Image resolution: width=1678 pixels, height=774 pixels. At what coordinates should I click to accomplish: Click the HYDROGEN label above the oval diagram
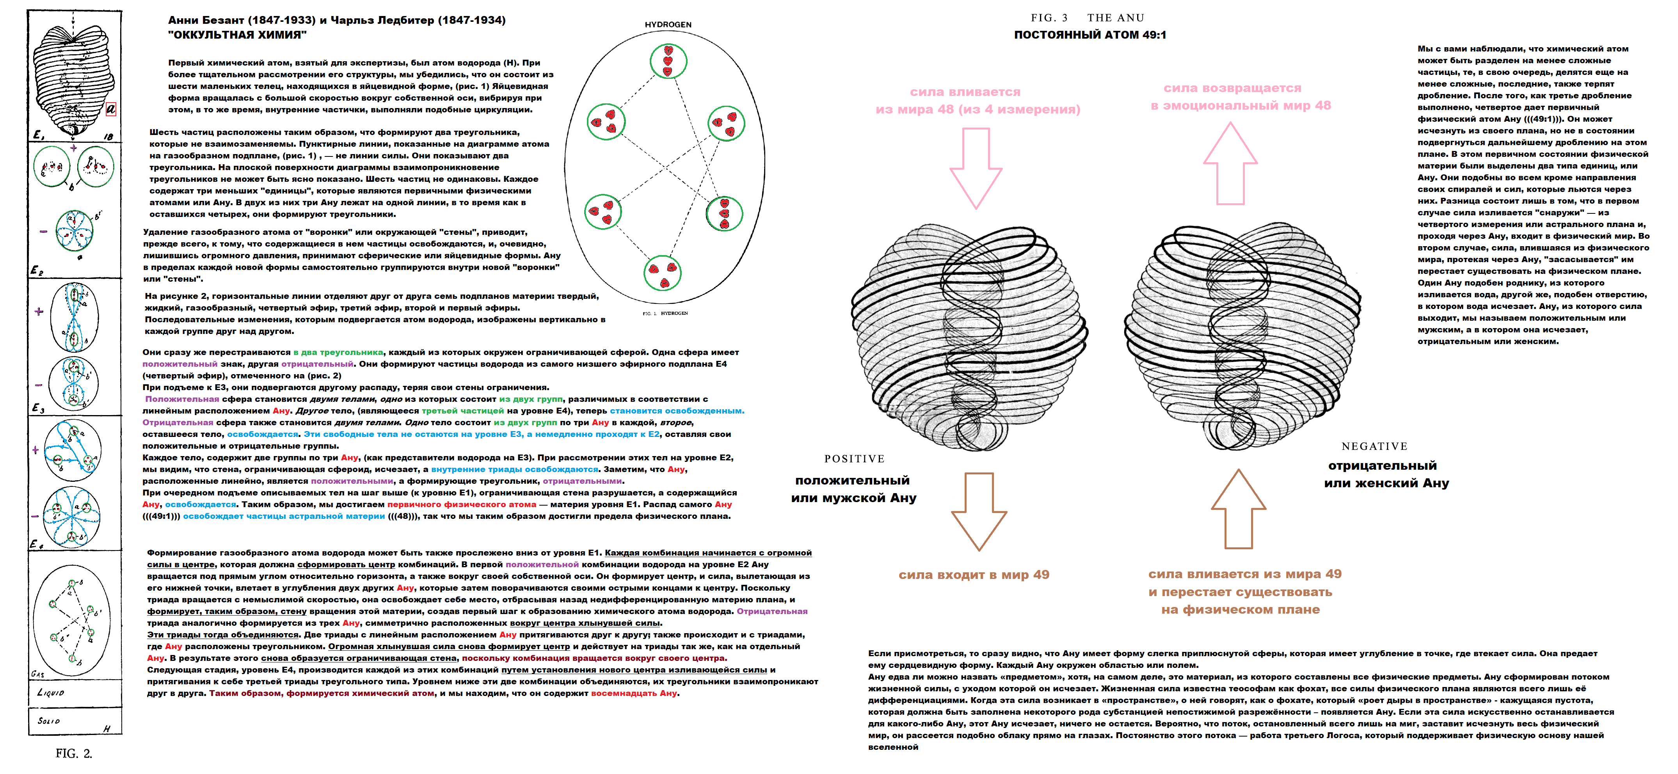(x=668, y=25)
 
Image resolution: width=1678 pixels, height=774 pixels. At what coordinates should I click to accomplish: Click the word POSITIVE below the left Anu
(x=854, y=459)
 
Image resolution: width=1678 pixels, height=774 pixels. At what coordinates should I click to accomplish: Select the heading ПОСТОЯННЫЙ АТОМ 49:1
(x=1090, y=35)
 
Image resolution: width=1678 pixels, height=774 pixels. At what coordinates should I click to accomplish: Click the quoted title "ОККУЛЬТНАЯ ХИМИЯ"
(x=237, y=35)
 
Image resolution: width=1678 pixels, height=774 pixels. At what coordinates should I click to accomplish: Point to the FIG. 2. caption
(x=74, y=753)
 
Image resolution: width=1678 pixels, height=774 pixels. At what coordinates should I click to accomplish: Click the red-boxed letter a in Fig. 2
(x=111, y=109)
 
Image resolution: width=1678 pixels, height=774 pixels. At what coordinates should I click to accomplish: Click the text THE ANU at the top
(x=1115, y=18)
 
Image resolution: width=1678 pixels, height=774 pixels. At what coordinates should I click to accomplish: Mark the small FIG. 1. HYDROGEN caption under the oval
(x=665, y=313)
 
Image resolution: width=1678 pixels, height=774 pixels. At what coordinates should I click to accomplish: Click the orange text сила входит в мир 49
(x=974, y=575)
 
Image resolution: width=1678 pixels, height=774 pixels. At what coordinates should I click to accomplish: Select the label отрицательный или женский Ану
(x=1386, y=474)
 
